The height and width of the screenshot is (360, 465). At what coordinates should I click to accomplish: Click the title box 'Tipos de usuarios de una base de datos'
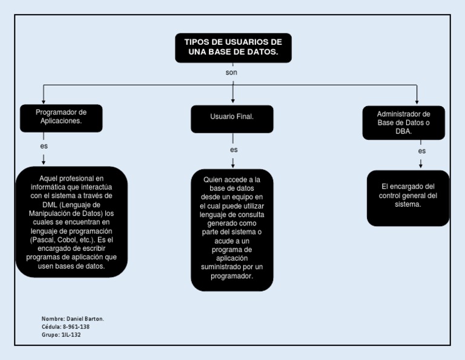pos(233,48)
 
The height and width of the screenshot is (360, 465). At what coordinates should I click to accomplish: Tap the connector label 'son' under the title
pos(231,73)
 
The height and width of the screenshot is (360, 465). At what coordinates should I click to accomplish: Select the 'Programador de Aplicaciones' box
pos(61,117)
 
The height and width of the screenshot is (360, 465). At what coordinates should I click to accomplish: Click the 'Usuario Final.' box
pos(232,116)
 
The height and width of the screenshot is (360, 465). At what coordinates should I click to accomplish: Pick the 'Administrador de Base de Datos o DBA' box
pos(403,122)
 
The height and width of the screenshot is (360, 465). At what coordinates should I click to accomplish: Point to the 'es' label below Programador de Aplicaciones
pos(44,147)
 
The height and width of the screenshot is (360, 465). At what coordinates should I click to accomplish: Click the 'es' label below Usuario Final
pos(234,150)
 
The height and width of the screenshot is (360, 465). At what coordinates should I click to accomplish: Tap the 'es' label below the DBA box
pos(421,151)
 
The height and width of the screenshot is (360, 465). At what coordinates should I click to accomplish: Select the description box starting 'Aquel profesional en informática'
pos(71,222)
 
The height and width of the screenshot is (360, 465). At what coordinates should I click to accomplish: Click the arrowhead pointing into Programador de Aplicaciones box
pos(44,101)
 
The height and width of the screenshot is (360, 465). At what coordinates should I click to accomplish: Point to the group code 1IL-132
pos(70,335)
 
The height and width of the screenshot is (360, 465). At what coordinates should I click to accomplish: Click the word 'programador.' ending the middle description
pos(232,276)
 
